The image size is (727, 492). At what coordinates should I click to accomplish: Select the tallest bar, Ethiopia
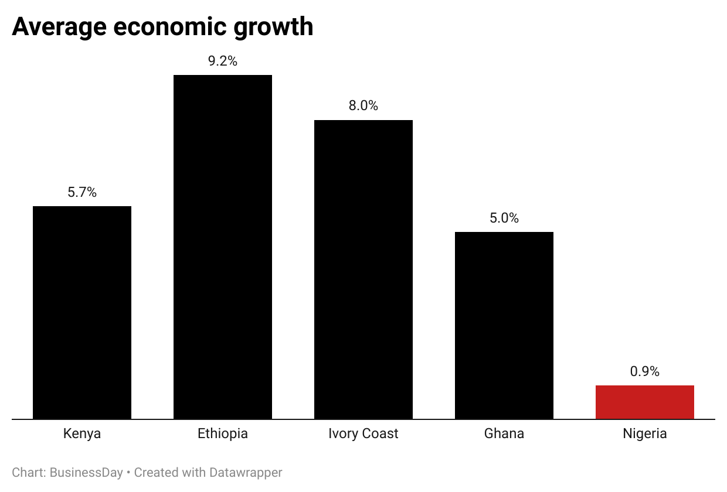[x=223, y=247]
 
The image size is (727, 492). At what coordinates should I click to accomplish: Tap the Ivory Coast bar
[x=363, y=269]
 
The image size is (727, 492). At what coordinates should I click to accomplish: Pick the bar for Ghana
[x=504, y=325]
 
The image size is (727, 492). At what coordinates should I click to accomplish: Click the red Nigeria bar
[x=645, y=402]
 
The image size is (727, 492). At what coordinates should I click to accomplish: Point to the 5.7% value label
[x=82, y=192]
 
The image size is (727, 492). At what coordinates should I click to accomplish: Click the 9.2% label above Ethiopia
[x=223, y=61]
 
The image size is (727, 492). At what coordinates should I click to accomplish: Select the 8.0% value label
[x=363, y=106]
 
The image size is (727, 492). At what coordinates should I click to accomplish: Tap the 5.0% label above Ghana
[x=504, y=218]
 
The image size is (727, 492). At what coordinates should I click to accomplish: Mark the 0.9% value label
[x=645, y=371]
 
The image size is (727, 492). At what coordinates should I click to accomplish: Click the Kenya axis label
[x=82, y=434]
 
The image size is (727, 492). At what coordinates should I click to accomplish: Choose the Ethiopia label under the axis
[x=223, y=434]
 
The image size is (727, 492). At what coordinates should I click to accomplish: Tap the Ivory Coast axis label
[x=363, y=434]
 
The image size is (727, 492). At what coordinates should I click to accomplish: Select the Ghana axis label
[x=504, y=434]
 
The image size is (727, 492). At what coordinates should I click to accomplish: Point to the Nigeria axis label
[x=645, y=434]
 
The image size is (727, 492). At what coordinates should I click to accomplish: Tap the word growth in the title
[x=274, y=28]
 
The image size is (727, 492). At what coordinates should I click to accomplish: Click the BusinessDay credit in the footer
[x=86, y=473]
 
